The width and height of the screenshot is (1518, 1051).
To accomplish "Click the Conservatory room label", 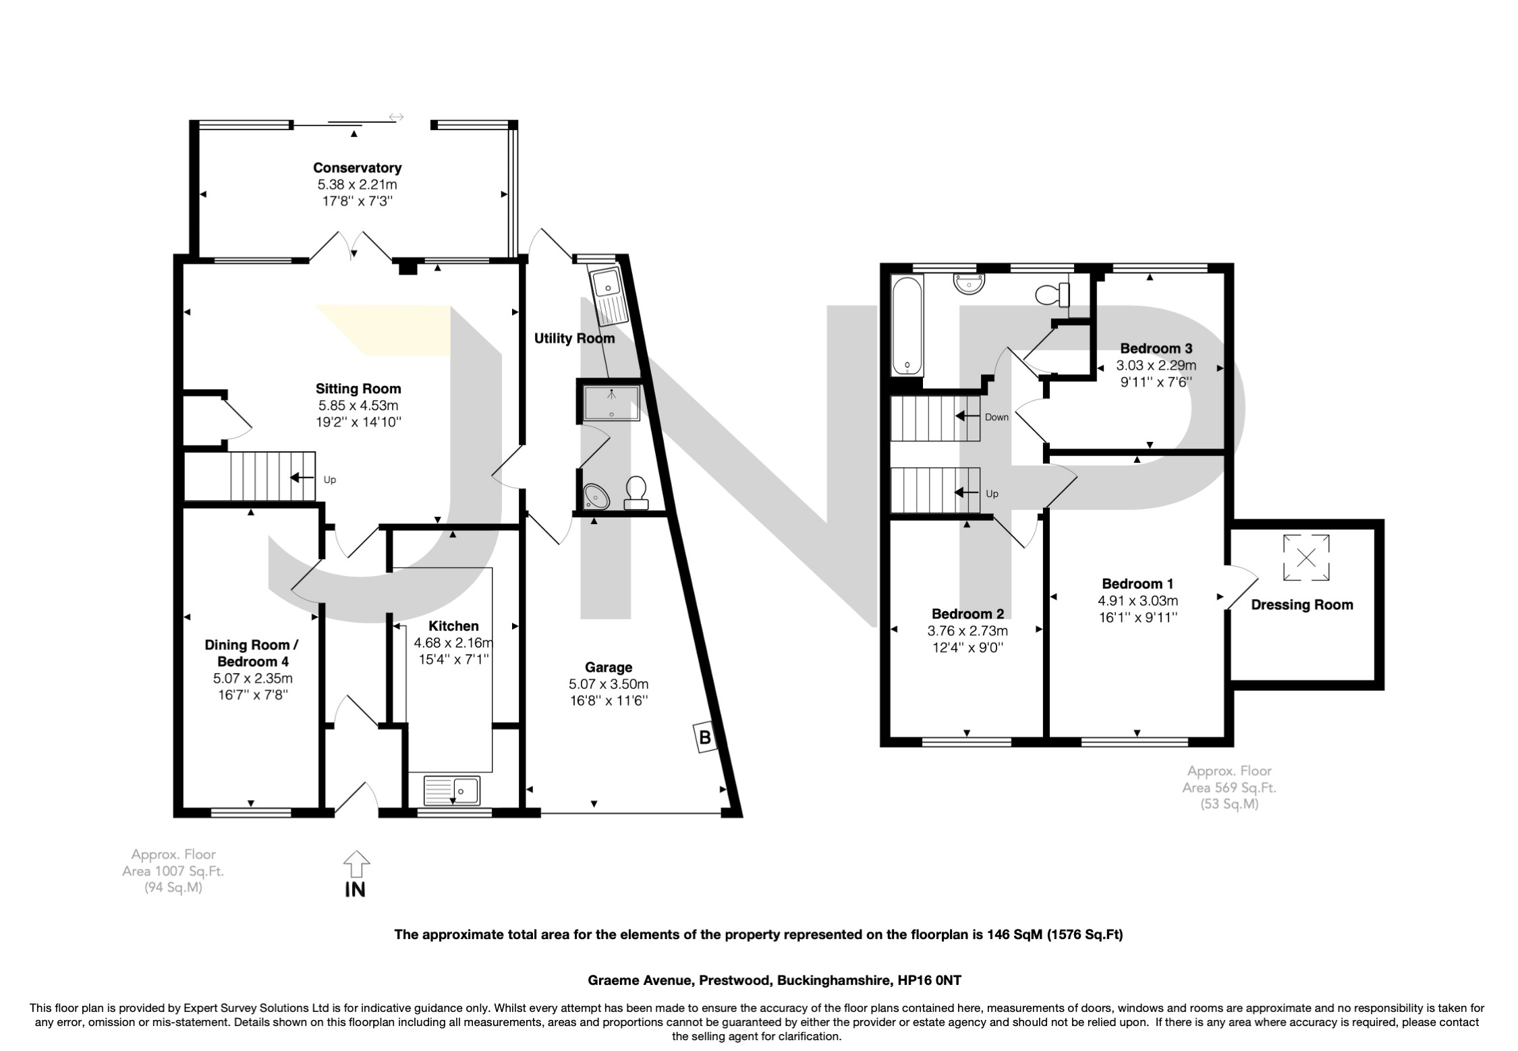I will [x=357, y=168].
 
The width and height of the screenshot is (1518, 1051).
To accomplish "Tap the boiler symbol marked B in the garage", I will [x=705, y=737].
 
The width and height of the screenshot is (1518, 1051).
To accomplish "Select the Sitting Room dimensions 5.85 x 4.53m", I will [x=358, y=406].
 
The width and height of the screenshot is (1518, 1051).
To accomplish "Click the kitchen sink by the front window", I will [x=451, y=789].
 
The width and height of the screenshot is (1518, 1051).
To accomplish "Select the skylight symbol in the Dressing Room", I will [x=1307, y=557].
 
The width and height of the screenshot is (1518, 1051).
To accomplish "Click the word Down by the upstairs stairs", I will [x=996, y=417].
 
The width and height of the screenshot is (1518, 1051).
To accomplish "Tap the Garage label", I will [x=608, y=668].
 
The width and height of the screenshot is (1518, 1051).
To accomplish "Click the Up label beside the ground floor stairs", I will [x=330, y=480].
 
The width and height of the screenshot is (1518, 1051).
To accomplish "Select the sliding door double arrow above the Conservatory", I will [x=396, y=117].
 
